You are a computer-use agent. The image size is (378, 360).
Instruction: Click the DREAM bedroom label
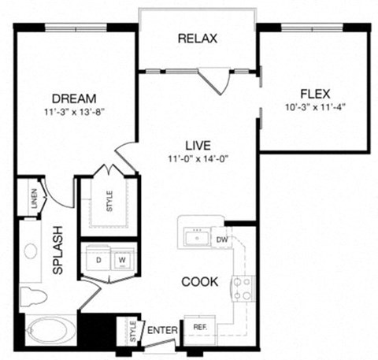[74, 99]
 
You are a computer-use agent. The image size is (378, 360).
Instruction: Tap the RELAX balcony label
[198, 38]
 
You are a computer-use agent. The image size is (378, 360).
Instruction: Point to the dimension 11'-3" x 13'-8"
[74, 112]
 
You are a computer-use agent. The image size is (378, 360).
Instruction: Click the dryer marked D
[99, 258]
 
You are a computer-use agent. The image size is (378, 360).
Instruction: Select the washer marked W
[123, 258]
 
